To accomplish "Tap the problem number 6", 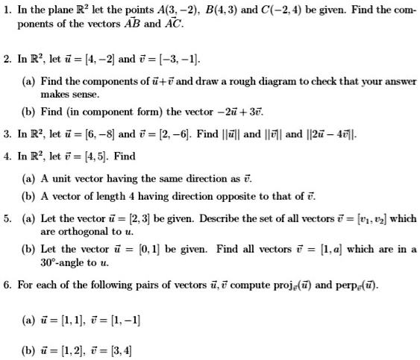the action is point(6,284).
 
